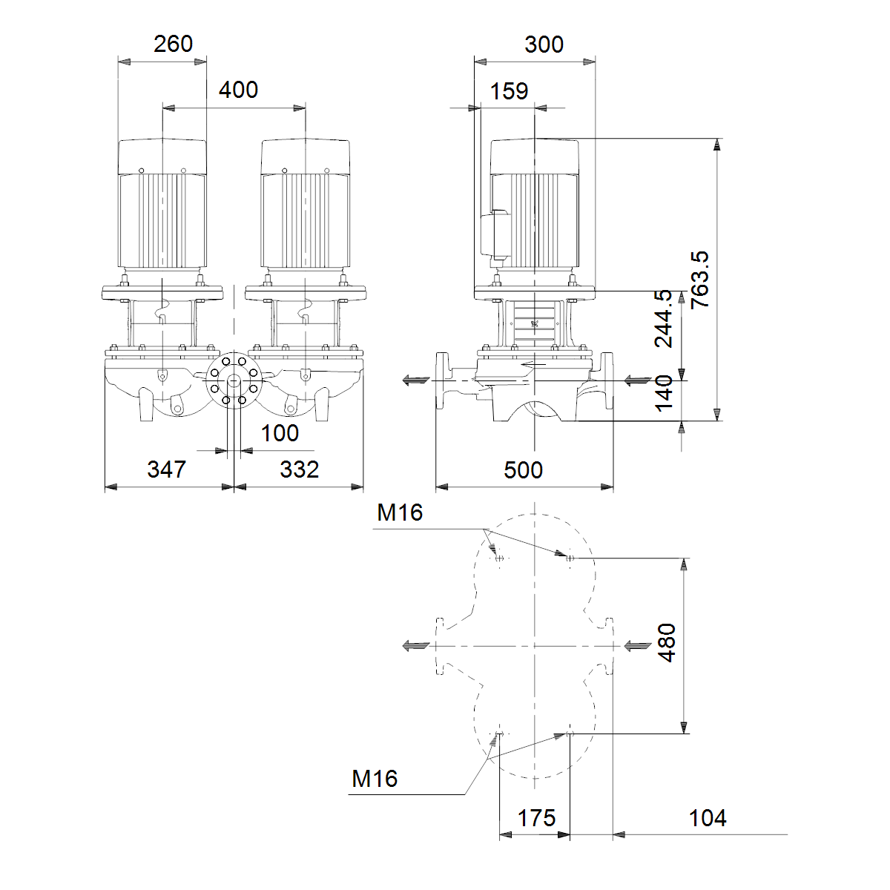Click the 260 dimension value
tap(173, 44)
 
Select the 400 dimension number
tap(238, 90)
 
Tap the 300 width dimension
tap(544, 44)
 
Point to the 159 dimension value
tap(509, 91)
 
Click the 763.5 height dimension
tap(699, 280)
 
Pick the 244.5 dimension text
tap(663, 319)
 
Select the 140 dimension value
tap(664, 393)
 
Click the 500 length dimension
tap(523, 470)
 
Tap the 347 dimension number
tap(166, 469)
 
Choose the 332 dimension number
tap(300, 469)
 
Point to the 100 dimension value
tap(280, 433)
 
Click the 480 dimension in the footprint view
tap(667, 642)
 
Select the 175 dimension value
tap(536, 818)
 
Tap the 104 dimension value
tap(707, 818)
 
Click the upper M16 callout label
tap(400, 512)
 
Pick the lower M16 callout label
tap(374, 779)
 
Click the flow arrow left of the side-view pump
tap(416, 380)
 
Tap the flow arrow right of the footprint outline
tap(638, 646)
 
